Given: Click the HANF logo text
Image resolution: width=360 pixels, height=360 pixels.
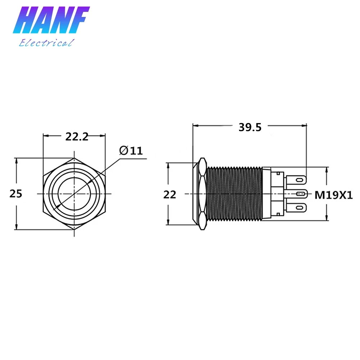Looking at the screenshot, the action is tap(51, 20).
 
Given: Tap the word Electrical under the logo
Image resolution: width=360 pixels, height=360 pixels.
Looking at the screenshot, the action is tap(46, 43).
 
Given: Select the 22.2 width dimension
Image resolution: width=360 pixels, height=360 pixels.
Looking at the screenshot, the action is tap(77, 137).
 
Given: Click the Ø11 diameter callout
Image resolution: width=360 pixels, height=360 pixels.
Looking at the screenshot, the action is tap(131, 150).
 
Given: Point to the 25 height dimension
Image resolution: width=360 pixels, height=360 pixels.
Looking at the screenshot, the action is tap(16, 194).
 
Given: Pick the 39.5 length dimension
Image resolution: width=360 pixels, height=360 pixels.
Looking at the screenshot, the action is tap(250, 127).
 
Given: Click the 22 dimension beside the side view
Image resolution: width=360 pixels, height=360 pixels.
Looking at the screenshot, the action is tap(170, 195).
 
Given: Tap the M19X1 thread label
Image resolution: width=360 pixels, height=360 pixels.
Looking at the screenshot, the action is tap(333, 195).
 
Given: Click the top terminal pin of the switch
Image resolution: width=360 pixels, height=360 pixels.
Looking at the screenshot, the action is tap(296, 180).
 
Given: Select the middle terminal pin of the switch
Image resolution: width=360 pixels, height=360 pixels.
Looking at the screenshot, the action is tap(296, 194).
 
